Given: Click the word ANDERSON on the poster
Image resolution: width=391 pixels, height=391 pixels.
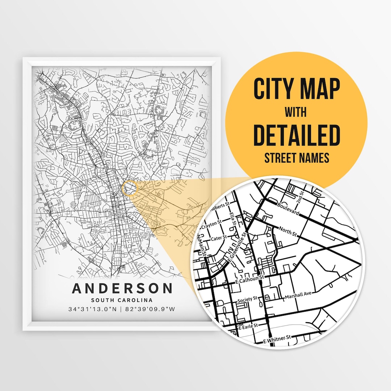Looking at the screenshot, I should (122, 289).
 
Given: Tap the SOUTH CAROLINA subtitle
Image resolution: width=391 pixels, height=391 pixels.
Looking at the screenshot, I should (122, 300).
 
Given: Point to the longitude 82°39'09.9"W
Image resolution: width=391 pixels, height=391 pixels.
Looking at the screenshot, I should (150, 309).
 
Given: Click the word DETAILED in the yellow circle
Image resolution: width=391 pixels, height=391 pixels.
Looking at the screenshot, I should (297, 135).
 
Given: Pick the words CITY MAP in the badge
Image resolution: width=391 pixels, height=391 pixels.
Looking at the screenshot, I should (297, 89).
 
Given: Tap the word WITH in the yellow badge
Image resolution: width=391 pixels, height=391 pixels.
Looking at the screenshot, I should (295, 112).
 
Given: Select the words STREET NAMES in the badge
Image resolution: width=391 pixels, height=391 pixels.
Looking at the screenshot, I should (297, 158).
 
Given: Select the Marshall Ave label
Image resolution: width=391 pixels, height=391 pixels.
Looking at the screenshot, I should (298, 296).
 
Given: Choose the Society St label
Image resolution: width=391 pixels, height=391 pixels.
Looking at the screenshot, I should (247, 299).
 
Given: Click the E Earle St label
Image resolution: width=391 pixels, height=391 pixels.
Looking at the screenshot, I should (248, 326).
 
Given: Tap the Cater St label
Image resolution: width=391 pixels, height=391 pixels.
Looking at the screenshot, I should (219, 238).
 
